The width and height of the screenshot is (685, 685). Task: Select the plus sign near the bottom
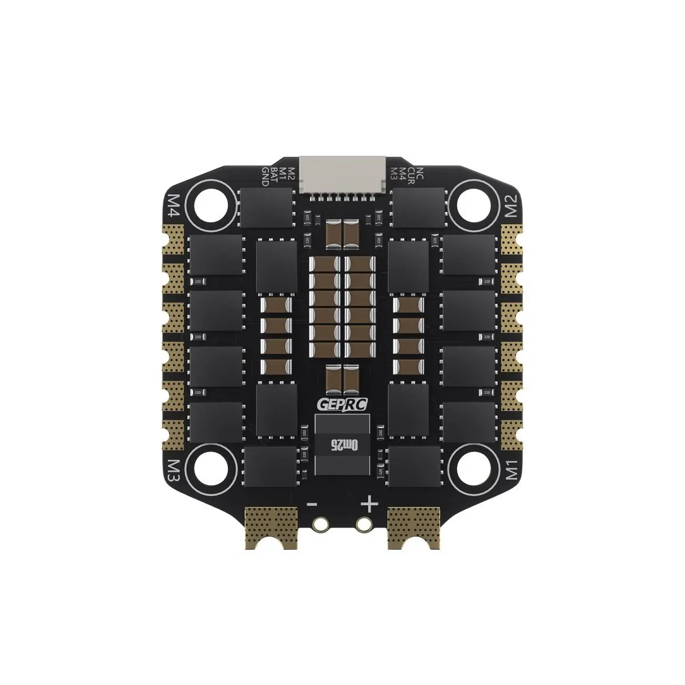(370, 503)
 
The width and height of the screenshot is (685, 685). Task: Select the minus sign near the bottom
(312, 504)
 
